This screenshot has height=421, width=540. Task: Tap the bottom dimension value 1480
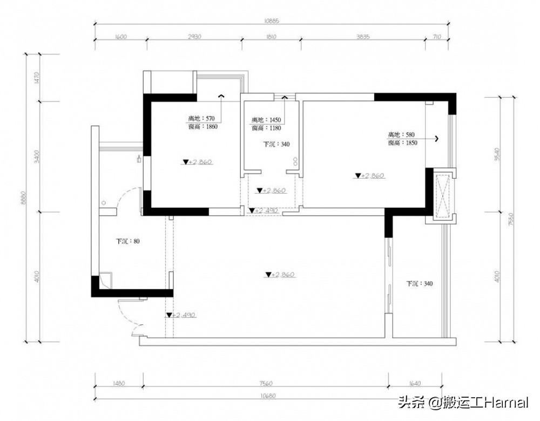point(119,384)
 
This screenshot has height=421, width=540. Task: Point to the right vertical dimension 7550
point(511,219)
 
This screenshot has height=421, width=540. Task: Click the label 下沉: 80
point(129,241)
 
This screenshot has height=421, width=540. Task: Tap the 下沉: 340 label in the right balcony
point(420,283)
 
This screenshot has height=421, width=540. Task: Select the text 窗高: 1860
point(202,126)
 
